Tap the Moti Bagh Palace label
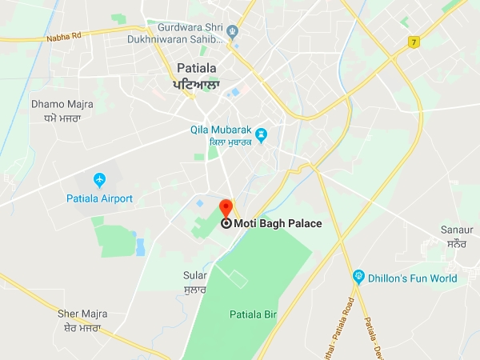(x=278, y=224)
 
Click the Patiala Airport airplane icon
(x=99, y=178)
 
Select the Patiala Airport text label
(x=99, y=198)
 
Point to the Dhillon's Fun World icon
(x=359, y=278)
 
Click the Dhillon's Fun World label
(x=413, y=279)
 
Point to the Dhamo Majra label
(x=62, y=104)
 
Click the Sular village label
(x=194, y=275)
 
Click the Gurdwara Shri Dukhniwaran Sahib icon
(x=233, y=33)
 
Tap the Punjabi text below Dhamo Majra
(x=61, y=118)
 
